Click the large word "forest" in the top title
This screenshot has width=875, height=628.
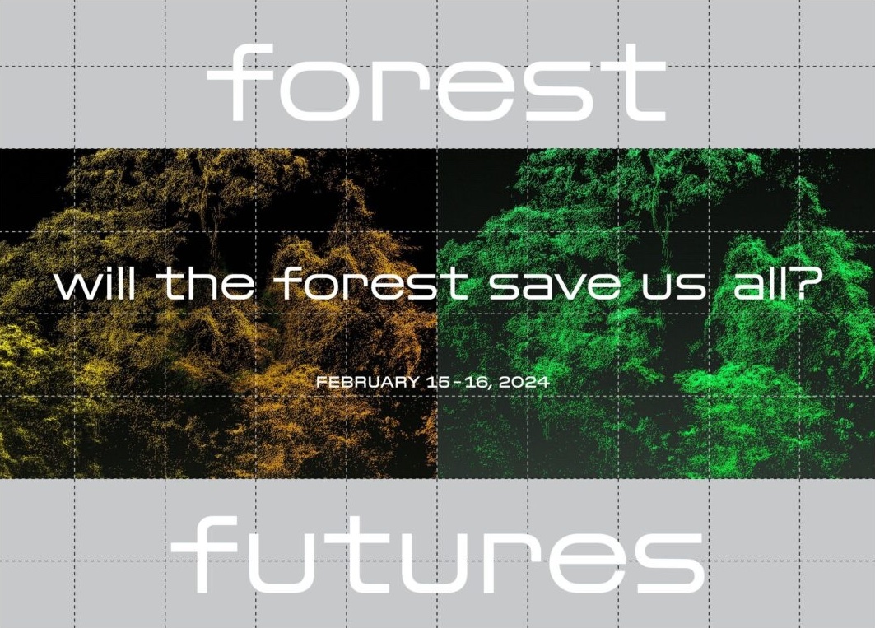436,82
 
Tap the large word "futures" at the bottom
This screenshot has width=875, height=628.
438,554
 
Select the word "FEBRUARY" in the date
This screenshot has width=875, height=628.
368,383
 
